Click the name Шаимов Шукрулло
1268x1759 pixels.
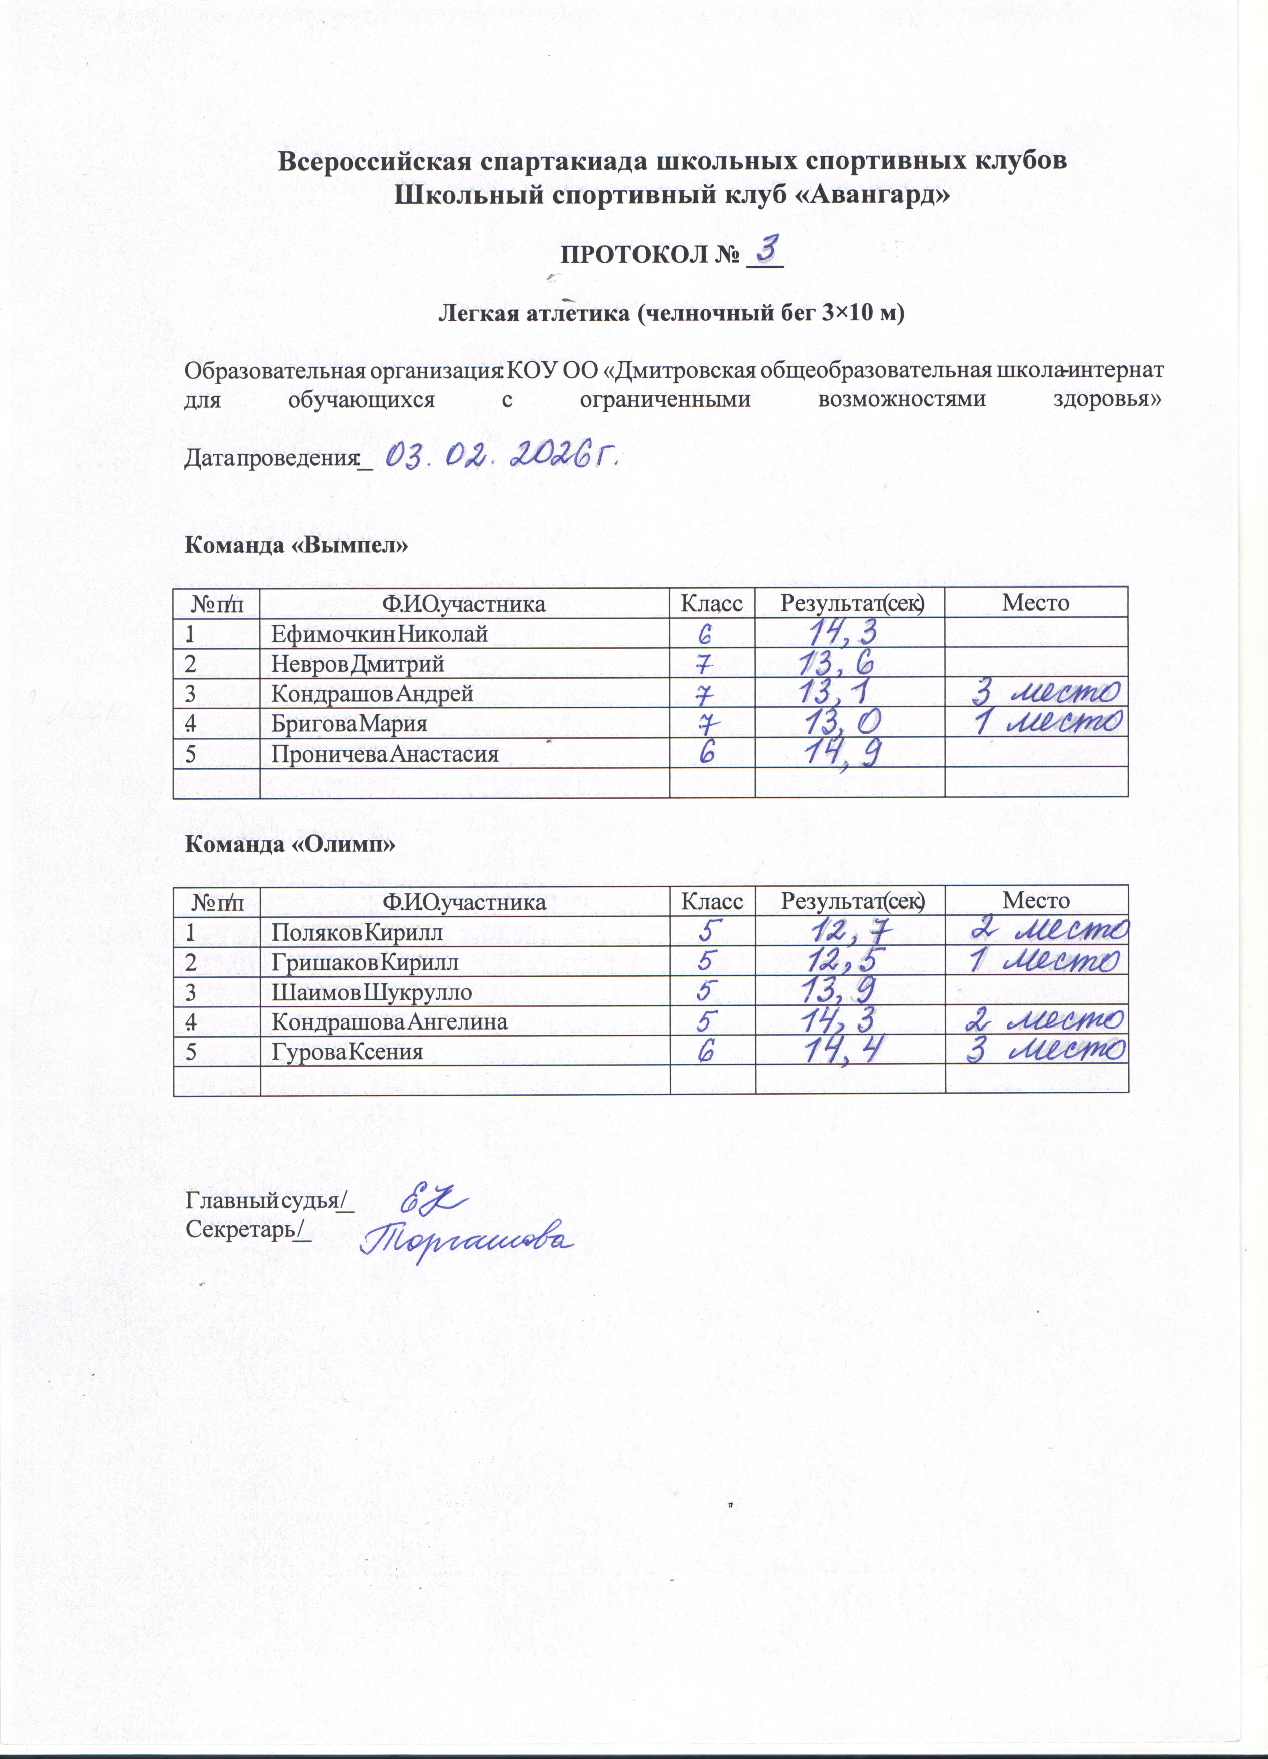[372, 992]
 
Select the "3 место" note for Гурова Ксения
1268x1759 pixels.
[1047, 1051]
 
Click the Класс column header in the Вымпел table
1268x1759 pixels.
[711, 603]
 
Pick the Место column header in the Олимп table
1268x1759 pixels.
[1036, 901]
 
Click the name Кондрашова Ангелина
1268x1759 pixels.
[389, 1021]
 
